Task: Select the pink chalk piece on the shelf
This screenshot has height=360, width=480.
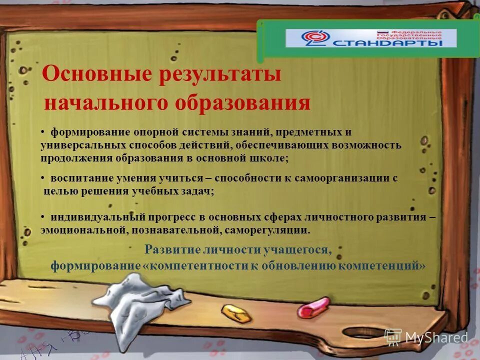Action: pos(313,307)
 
